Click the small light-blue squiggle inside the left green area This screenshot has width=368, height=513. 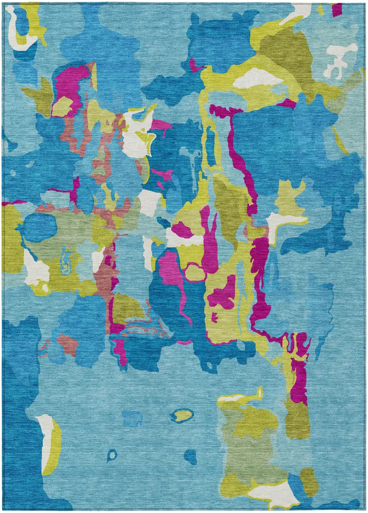(x=66, y=260)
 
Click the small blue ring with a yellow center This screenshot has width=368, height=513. (x=182, y=415)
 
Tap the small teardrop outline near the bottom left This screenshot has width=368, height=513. (x=112, y=455)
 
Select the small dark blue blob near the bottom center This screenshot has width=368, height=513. (x=190, y=455)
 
